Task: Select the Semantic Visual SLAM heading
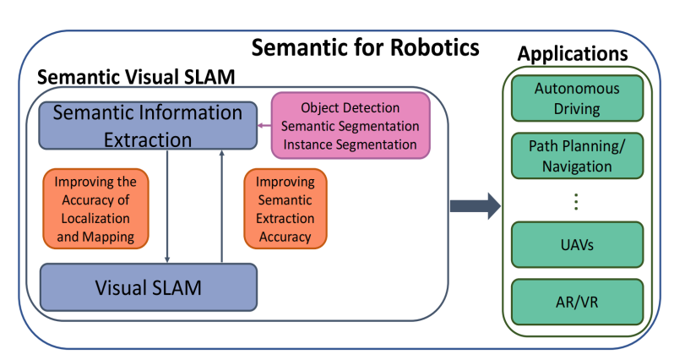pyautogui.click(x=136, y=76)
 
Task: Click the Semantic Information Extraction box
pyautogui.click(x=148, y=125)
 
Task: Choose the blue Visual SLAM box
pyautogui.click(x=148, y=287)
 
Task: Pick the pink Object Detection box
pyautogui.click(x=351, y=125)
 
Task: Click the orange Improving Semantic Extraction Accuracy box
pyautogui.click(x=285, y=210)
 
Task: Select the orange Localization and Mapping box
pyautogui.click(x=95, y=210)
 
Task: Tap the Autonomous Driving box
pyautogui.click(x=577, y=99)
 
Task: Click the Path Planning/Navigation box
pyautogui.click(x=577, y=155)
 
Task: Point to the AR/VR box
pyautogui.click(x=577, y=300)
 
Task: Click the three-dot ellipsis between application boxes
pyautogui.click(x=577, y=203)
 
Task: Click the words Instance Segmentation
pyautogui.click(x=351, y=144)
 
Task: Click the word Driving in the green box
pyautogui.click(x=577, y=108)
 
